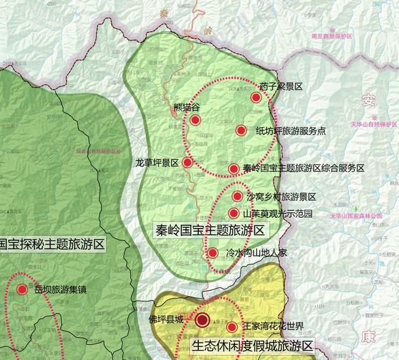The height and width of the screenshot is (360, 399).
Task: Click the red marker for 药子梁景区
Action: coord(256,98)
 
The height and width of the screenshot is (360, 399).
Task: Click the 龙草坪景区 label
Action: coord(157,163)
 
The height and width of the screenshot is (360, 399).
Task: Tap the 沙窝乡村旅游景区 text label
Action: coord(282,197)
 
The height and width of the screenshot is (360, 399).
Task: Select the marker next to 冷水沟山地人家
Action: coord(213,253)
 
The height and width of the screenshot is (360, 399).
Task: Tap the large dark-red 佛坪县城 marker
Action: coord(203,321)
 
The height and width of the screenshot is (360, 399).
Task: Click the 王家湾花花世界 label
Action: coord(274,327)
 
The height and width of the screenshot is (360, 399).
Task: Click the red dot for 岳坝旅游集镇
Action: coord(22,289)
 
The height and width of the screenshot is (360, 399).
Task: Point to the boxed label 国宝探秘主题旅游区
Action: coord(52,244)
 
